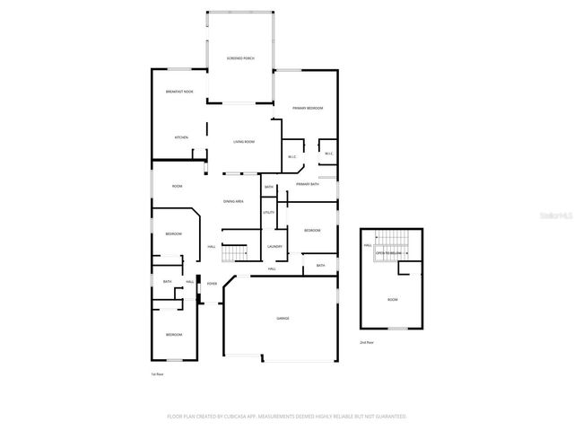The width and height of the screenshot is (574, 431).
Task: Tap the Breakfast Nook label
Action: click(179, 92)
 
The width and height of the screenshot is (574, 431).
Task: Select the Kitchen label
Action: click(181, 137)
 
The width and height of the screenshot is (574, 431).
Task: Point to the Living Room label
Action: click(244, 142)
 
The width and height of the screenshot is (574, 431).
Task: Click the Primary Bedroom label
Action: click(308, 108)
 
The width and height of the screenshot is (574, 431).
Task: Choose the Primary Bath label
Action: click(308, 184)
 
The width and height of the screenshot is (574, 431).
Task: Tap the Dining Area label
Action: click(233, 201)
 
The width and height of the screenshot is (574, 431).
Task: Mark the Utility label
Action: click(268, 212)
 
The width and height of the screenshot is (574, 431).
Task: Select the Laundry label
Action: click(274, 246)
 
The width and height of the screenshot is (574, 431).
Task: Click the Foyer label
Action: click(212, 284)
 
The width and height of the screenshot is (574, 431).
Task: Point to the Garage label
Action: click(283, 318)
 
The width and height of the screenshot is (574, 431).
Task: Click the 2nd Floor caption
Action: click(366, 343)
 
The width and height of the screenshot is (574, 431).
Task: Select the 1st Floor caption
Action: click(157, 374)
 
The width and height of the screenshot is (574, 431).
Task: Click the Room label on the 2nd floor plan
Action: click(392, 299)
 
